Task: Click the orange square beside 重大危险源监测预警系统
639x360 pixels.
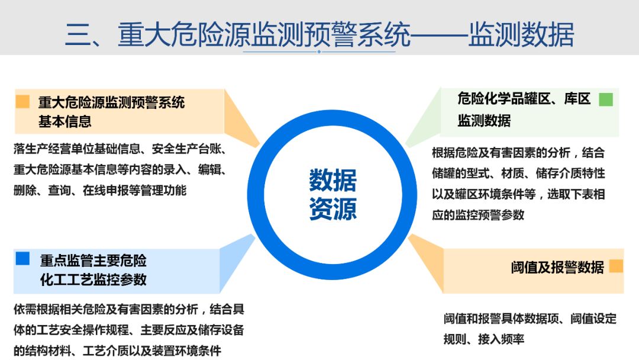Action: point(22,102)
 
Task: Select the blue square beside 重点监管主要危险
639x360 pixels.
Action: point(22,258)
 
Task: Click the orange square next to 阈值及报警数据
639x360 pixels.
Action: point(616,266)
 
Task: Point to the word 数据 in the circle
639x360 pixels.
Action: point(333,181)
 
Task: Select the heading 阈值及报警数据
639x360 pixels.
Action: point(557,267)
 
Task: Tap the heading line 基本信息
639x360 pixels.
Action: point(65,121)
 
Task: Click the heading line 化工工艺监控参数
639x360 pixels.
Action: point(93,279)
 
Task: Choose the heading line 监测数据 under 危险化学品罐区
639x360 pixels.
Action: point(483,120)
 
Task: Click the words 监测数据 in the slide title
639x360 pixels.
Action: point(521,35)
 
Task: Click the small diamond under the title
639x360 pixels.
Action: point(319,52)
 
